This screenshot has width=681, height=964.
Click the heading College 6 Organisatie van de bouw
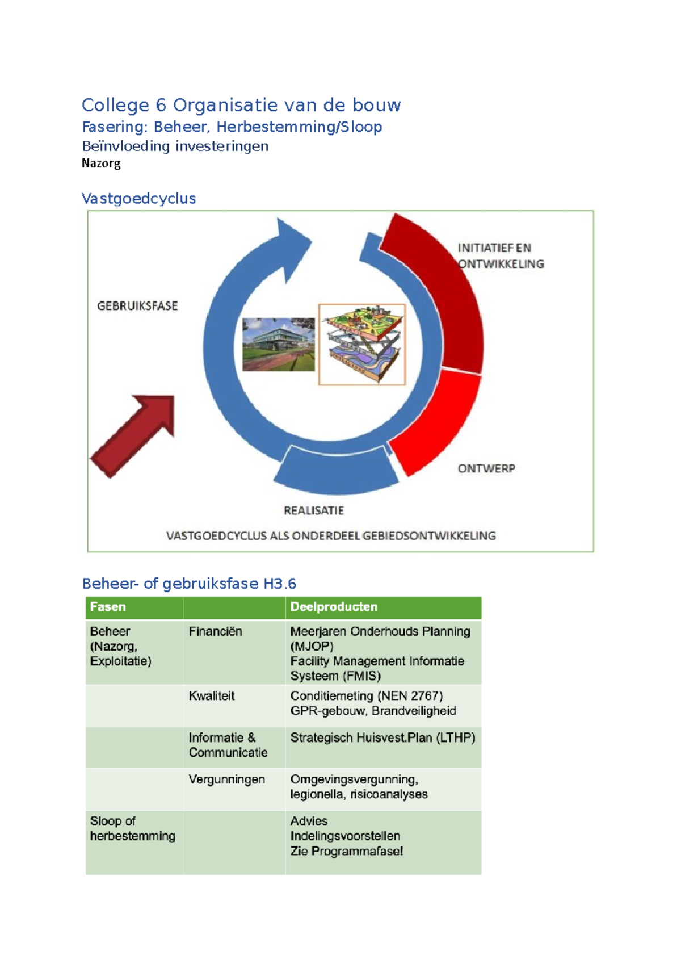point(241,105)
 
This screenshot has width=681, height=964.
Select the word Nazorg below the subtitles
point(101,164)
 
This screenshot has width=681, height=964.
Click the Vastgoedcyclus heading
point(138,198)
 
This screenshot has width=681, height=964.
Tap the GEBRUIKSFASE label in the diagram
point(137,305)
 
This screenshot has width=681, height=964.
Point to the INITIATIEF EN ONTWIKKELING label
point(500,255)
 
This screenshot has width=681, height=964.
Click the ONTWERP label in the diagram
point(486,468)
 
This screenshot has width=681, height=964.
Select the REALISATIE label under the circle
point(314,510)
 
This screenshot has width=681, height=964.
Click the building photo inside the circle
point(278,344)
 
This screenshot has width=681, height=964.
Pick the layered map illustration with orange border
point(362,345)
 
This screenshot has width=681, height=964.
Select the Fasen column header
point(108,607)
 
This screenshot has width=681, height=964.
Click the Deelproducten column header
point(334,607)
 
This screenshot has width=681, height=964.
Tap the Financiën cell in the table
point(215,631)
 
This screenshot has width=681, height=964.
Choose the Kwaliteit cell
point(212,696)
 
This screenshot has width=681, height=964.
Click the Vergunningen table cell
point(226,779)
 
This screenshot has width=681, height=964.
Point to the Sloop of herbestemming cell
point(132,828)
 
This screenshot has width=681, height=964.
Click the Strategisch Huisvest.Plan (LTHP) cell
point(382,737)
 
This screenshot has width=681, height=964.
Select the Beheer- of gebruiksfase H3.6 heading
point(189,584)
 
